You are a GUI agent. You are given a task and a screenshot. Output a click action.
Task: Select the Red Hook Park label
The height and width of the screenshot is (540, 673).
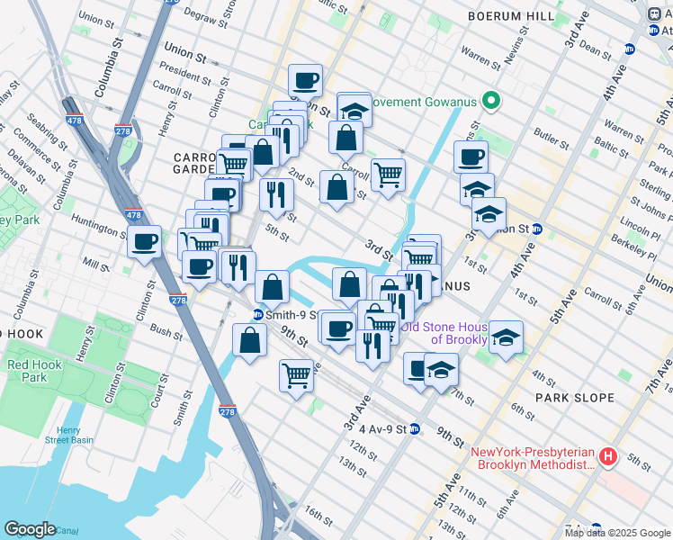tap(27, 371)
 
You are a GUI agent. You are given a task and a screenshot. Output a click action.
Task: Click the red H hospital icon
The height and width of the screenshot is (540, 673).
tap(607, 458)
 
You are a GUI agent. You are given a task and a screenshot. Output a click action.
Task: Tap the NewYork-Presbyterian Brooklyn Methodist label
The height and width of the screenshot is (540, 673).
tap(533, 458)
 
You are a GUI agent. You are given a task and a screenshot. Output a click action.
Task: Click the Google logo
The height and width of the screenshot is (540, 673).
tap(30, 529)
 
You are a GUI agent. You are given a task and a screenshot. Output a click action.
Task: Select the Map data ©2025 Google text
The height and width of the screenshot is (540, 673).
tap(617, 533)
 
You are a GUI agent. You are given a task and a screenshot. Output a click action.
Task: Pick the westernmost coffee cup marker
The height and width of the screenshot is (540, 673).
tap(145, 241)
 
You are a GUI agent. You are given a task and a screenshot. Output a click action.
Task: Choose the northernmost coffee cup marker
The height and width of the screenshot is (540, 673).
tap(306, 81)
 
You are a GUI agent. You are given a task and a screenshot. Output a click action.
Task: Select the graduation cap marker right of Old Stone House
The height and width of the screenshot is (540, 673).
tap(506, 337)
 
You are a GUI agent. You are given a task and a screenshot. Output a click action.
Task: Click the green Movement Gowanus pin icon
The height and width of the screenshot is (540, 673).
tap(491, 100)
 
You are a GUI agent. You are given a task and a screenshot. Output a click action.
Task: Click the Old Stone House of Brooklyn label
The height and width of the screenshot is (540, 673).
tap(444, 333)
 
